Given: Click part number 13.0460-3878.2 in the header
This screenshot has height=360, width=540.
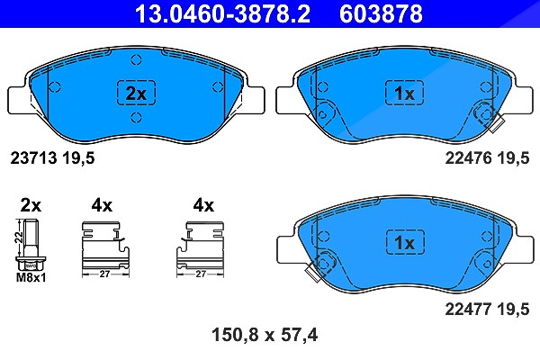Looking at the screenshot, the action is click(222, 13).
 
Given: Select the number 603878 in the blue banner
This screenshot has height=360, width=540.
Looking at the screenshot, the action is click(381, 13).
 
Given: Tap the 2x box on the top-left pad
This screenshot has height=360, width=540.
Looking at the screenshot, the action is click(137, 93).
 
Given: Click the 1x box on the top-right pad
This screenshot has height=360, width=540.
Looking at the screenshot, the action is click(404, 93).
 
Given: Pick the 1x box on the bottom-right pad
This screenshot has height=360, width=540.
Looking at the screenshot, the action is click(405, 242).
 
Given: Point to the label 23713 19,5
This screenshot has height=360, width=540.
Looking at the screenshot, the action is click(52, 158).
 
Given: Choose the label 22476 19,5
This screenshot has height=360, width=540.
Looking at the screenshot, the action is click(487, 158).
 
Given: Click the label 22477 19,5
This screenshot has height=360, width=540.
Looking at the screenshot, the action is click(487, 309).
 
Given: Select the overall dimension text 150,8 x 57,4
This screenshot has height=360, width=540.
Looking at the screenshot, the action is click(265, 335).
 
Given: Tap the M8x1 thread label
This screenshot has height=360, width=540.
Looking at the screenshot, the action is click(31, 278).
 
